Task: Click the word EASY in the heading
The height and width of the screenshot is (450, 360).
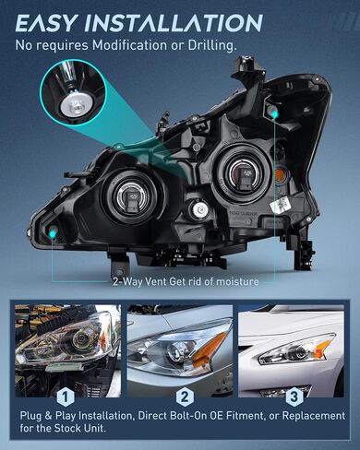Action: coord(45,23)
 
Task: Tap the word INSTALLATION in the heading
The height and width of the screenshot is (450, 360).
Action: coord(174,23)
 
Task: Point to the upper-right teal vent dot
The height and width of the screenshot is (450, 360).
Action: coord(274,114)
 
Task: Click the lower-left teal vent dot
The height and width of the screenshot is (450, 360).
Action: coord(53,234)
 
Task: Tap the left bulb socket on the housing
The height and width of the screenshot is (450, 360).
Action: coord(129,199)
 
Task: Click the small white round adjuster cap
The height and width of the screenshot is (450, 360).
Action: coord(200,209)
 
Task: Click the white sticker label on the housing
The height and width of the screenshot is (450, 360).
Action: coord(282,205)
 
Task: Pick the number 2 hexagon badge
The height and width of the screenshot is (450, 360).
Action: coord(185,397)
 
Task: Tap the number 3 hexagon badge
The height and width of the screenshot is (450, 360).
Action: coord(294,397)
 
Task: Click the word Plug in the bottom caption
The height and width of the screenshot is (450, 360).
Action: coord(31,416)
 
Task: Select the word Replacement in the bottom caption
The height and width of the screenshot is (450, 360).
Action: coord(314,416)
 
